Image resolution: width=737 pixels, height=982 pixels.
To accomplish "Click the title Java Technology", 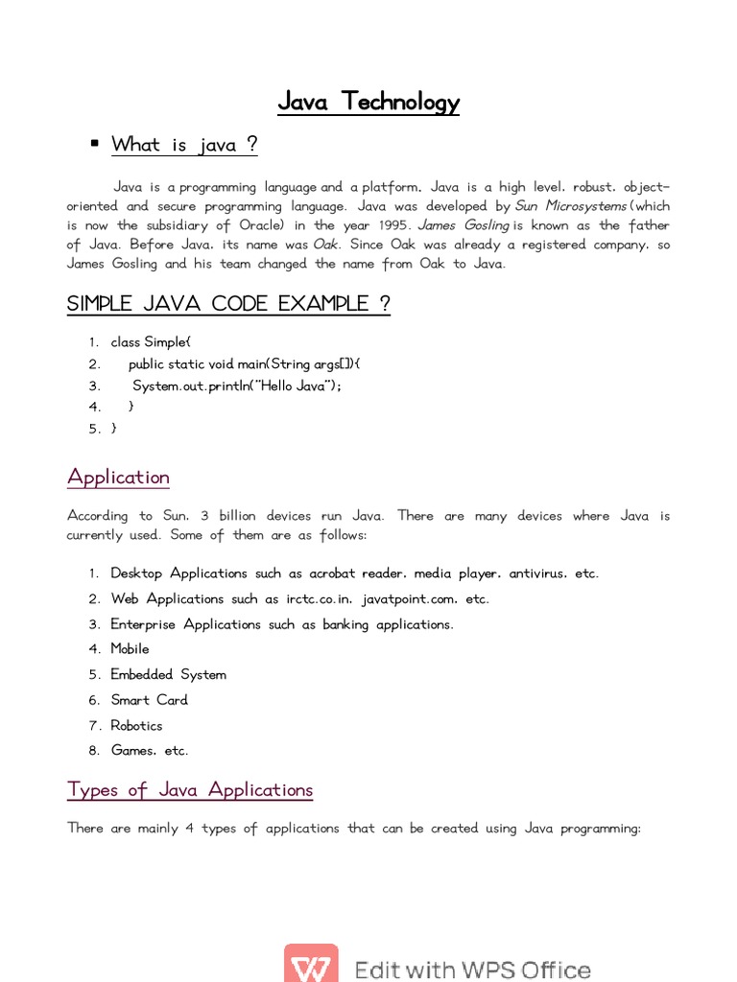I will (368, 102).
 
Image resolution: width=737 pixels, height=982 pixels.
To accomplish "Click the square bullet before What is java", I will (94, 144).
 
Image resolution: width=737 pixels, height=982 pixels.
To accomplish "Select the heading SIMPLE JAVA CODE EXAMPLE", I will (228, 304).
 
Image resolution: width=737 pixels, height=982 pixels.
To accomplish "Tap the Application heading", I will (118, 477).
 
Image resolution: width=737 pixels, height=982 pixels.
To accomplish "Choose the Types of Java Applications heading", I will (190, 790).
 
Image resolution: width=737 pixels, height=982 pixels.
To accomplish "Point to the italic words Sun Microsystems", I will (570, 206).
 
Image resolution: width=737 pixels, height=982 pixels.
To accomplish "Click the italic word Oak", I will (326, 245).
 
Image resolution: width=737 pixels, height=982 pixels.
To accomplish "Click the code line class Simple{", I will (151, 342).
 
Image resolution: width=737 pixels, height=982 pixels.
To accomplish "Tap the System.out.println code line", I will (236, 386).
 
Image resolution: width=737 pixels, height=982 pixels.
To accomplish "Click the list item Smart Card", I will (149, 700).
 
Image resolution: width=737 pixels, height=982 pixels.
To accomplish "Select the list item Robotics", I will (136, 726).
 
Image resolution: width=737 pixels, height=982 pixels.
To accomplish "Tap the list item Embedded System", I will (168, 675).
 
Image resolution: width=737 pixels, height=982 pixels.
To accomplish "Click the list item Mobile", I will (130, 649).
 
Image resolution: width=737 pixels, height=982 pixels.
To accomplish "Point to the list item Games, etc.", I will (150, 751).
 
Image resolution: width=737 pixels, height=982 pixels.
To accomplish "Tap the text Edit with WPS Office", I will (472, 970).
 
